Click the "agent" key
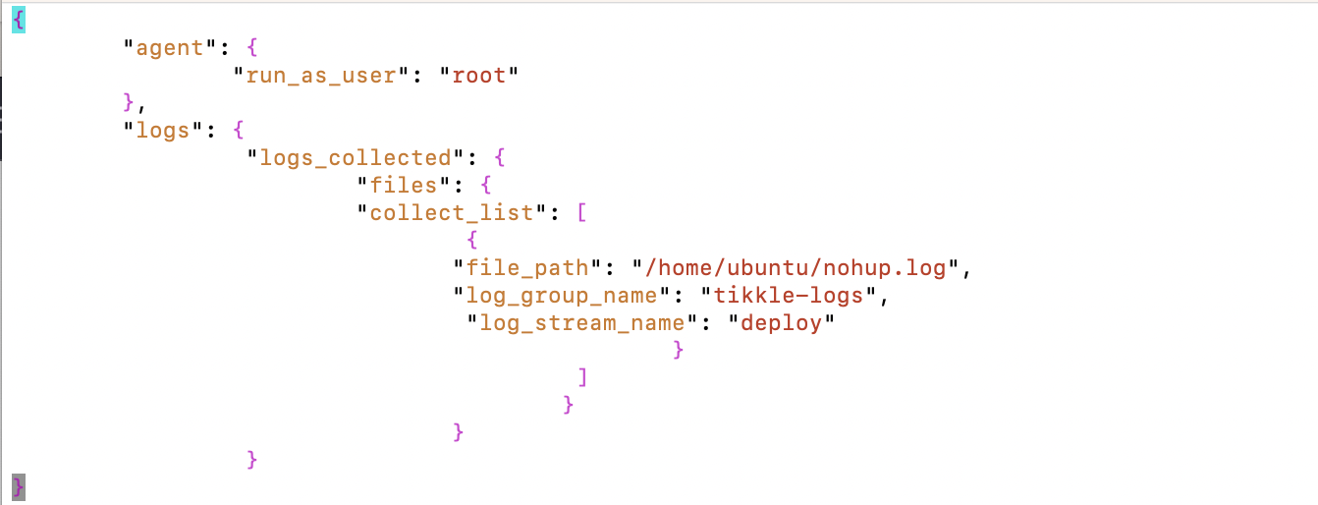pos(169,47)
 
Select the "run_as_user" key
pos(321,75)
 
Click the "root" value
pos(478,75)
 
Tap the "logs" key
pos(162,130)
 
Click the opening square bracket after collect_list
pos(582,212)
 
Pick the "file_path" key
pos(527,267)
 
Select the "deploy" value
pos(782,322)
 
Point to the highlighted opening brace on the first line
pos(18,20)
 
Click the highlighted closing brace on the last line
pos(18,486)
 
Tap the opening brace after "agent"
pos(252,47)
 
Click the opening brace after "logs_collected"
pos(500,157)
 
